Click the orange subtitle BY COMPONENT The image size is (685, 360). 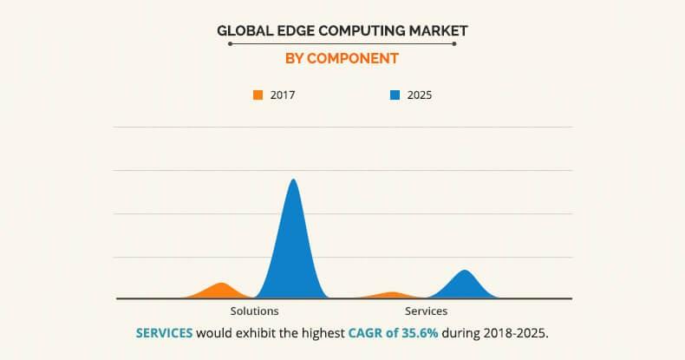click(x=342, y=59)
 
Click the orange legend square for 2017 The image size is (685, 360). click(x=258, y=95)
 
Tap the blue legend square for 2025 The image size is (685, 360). click(x=395, y=95)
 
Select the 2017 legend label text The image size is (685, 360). click(x=283, y=95)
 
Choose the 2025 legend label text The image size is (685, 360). click(x=419, y=95)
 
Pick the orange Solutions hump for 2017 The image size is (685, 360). click(x=222, y=291)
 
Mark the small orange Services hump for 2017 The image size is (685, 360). click(x=392, y=295)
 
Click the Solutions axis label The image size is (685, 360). click(x=254, y=311)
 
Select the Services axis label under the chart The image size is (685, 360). click(x=426, y=311)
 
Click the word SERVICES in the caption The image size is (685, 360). click(x=165, y=333)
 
